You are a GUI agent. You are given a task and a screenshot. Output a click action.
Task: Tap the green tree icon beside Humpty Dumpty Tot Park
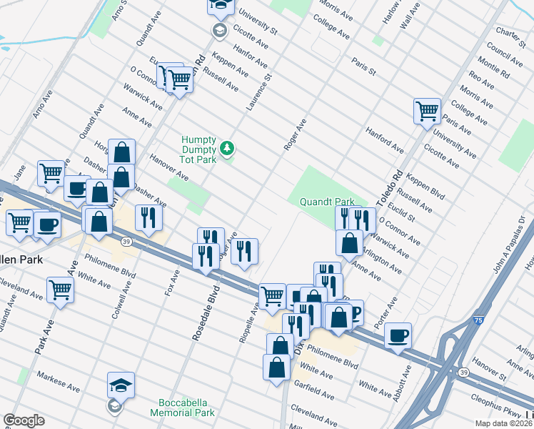(227, 148)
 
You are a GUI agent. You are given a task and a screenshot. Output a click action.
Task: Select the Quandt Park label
(327, 202)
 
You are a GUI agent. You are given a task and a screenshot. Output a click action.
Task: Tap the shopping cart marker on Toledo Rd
(427, 111)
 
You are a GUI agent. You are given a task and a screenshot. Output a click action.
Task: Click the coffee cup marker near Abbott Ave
(398, 335)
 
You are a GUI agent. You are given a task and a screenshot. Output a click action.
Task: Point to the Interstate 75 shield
(475, 322)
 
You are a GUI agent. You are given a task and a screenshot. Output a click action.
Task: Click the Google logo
(24, 420)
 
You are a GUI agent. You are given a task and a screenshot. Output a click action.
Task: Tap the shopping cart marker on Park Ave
(60, 290)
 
